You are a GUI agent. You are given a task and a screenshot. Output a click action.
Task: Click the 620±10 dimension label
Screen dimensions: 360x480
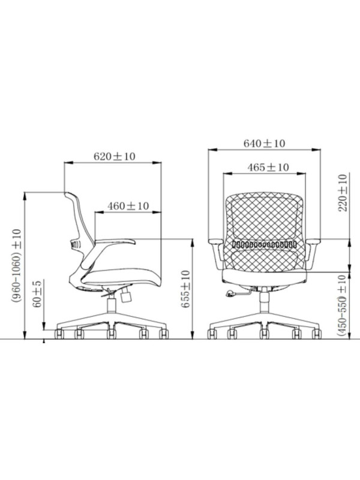coord(114,157)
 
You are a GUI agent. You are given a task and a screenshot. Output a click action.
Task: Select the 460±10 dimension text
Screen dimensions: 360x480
coord(128,206)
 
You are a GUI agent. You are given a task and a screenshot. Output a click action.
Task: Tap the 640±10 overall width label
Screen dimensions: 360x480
coord(264,143)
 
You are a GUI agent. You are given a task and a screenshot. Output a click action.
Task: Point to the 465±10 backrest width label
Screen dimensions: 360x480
coord(268,167)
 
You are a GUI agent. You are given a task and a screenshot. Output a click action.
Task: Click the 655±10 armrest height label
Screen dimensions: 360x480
coord(185,289)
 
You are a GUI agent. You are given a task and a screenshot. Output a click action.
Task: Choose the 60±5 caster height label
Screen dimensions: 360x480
coord(37,293)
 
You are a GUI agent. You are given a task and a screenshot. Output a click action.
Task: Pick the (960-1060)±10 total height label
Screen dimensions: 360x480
coord(17,266)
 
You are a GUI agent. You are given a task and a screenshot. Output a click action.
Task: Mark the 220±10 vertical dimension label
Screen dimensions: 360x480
coord(343,193)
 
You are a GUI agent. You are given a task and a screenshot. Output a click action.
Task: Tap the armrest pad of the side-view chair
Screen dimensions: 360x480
coord(115,241)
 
